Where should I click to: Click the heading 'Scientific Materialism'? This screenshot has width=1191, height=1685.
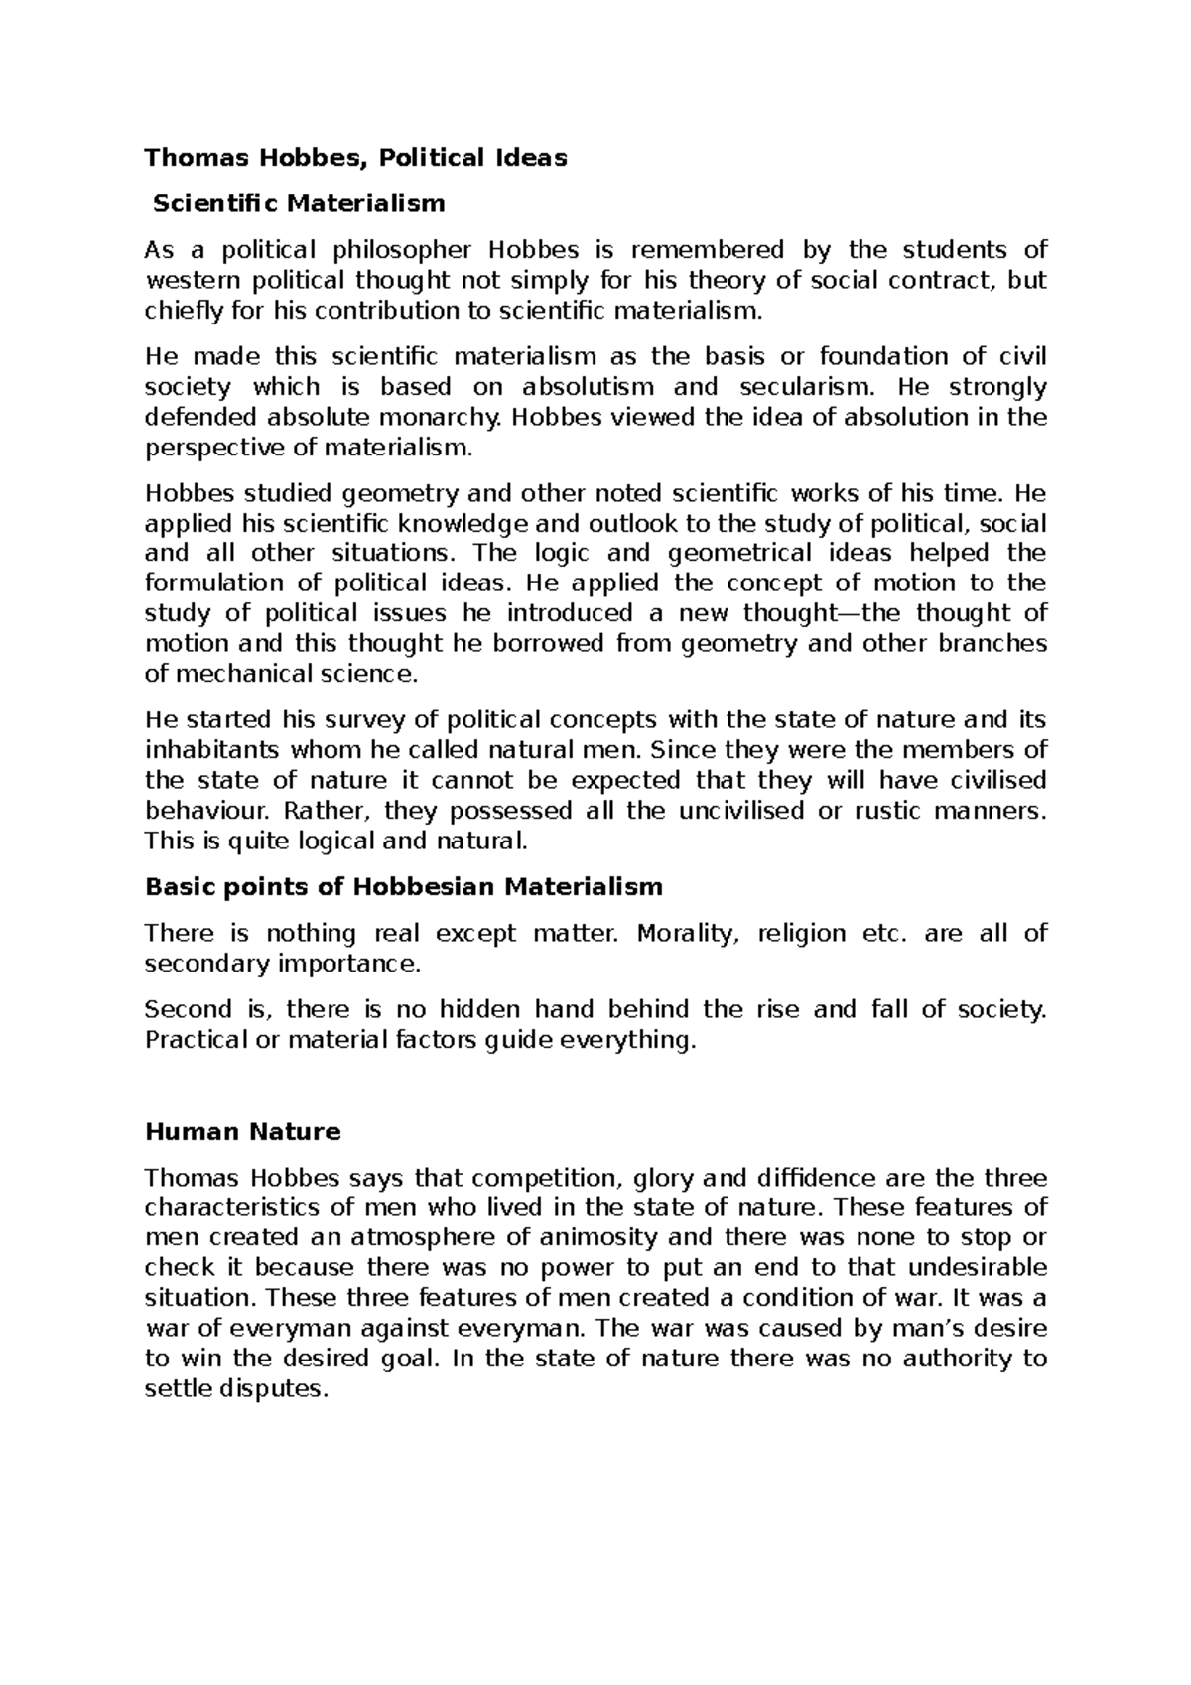pyautogui.click(x=298, y=204)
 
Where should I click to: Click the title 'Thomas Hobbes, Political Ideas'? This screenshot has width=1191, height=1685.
pyautogui.click(x=355, y=157)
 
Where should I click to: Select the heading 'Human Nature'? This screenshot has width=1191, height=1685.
pyautogui.click(x=242, y=1132)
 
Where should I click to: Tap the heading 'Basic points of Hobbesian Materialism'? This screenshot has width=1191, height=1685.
pyautogui.click(x=403, y=886)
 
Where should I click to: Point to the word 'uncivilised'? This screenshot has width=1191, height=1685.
pyautogui.click(x=740, y=811)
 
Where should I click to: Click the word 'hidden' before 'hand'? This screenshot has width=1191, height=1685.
pyautogui.click(x=479, y=1011)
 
